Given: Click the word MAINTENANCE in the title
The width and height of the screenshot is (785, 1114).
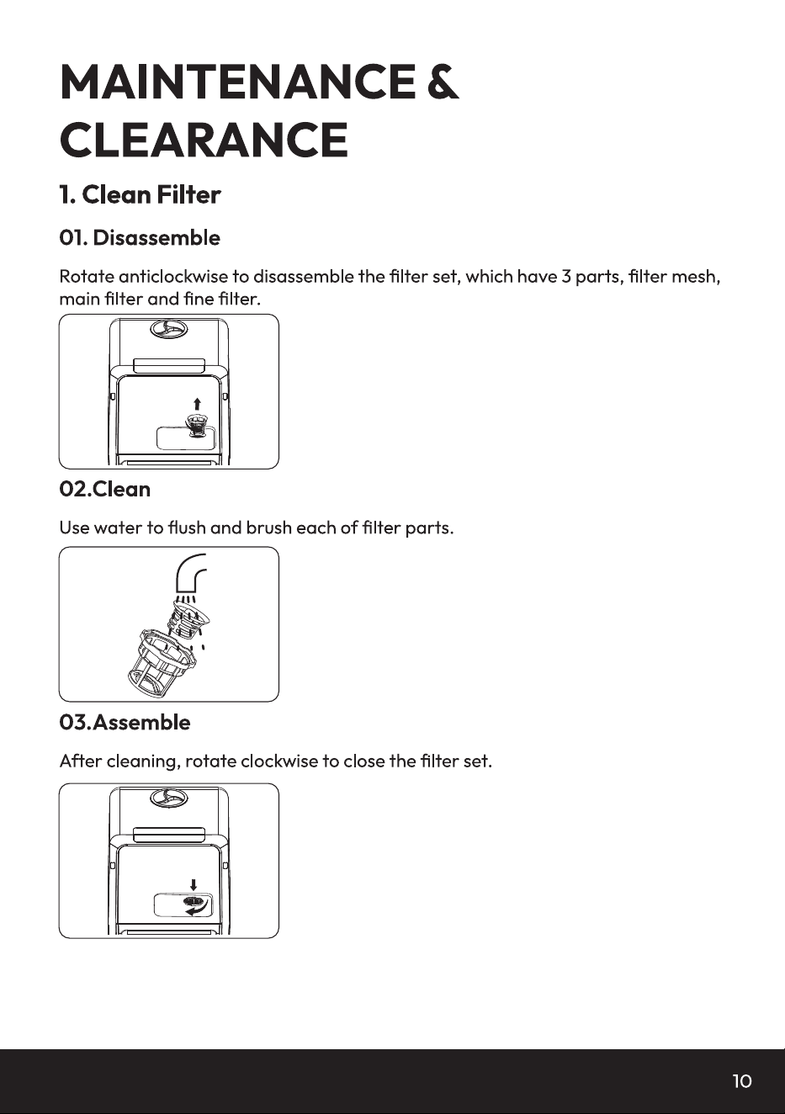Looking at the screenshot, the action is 238,82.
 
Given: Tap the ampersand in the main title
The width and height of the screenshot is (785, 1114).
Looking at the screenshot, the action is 443,82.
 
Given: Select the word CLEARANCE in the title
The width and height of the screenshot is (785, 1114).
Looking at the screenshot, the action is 204,140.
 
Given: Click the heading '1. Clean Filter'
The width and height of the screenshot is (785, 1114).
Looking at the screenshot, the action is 140,194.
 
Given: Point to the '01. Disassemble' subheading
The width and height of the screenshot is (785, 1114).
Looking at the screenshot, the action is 140,238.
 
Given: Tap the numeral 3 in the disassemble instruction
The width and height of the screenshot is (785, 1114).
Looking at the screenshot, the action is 566,277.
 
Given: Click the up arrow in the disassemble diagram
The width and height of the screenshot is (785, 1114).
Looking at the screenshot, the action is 198,404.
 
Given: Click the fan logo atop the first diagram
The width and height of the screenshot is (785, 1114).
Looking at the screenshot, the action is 169,329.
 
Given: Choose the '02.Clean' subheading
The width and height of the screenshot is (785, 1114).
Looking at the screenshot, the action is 105,490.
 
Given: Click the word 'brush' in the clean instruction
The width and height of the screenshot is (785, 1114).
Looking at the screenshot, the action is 268,528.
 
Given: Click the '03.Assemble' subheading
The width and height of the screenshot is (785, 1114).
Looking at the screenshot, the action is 125,723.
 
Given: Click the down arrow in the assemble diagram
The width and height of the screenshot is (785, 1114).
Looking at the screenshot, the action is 194,885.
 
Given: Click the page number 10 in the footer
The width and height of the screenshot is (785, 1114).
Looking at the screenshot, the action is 742,1081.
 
